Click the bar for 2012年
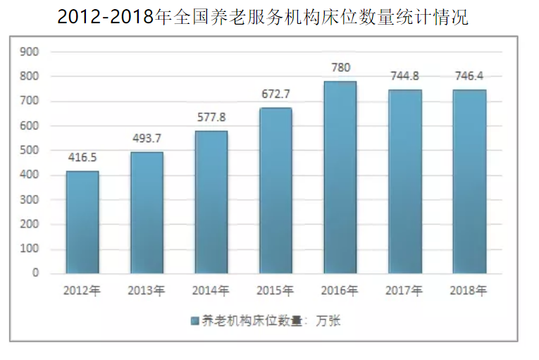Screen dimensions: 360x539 click(x=82, y=222)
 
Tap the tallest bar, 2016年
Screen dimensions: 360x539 click(x=340, y=177)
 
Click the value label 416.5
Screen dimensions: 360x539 click(x=82, y=158)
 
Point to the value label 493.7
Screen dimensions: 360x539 click(x=147, y=139)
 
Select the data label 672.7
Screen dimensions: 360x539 click(x=276, y=94)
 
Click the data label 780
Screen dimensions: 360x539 click(x=340, y=68)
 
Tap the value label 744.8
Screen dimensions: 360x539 click(x=405, y=76)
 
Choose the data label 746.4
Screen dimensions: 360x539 click(x=469, y=76)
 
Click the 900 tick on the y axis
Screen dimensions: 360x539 click(x=30, y=52)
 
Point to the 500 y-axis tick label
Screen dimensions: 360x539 click(x=30, y=151)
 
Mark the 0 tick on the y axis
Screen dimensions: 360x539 click(x=35, y=273)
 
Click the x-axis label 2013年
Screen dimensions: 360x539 click(x=147, y=290)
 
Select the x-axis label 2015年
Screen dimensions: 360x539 click(x=275, y=290)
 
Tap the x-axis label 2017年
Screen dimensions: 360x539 click(x=404, y=290)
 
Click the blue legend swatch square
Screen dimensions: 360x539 click(x=194, y=321)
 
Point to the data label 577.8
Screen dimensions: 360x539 click(x=211, y=117)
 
